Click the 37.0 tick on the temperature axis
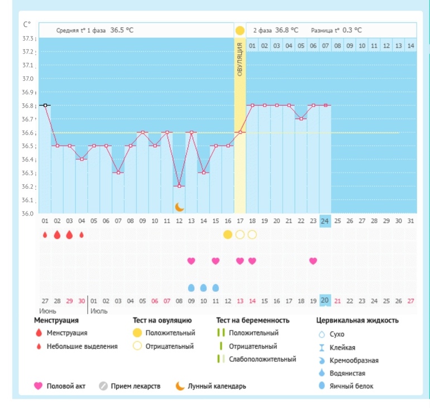point(28,79)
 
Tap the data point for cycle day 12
point(179,186)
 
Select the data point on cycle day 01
point(45,105)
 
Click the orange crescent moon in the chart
point(179,207)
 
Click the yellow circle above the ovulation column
point(240,30)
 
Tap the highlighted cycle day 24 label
point(325,220)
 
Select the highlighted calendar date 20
point(325,301)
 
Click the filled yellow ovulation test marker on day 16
point(228,234)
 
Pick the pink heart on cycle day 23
point(313,261)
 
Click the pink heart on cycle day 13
point(191,261)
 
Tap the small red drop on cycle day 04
point(82,234)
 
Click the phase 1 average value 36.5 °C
point(122,30)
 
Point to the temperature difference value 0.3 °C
point(352,30)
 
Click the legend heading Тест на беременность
point(253,320)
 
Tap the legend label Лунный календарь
point(217,386)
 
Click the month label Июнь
point(47,310)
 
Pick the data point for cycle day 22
point(301,118)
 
